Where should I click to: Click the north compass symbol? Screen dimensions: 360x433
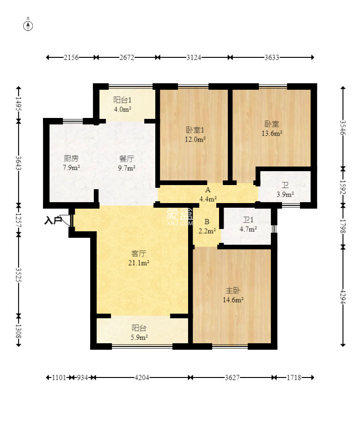tap(28, 25)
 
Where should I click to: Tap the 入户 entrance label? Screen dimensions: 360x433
tap(53, 221)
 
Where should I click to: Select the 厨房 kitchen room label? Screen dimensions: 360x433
tap(71, 158)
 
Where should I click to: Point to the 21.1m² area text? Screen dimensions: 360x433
tap(139, 263)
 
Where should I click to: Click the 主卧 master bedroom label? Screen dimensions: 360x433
tap(233, 291)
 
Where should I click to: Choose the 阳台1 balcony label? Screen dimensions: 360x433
tap(122, 99)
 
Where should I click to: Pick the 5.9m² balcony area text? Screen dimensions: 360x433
tap(139, 337)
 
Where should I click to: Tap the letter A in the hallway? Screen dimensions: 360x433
tap(207, 190)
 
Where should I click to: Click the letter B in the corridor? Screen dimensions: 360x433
tap(207, 222)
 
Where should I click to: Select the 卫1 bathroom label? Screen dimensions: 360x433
tap(248, 220)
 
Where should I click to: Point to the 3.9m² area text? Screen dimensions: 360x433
tap(285, 194)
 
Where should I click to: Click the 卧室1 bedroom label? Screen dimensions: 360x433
tap(195, 130)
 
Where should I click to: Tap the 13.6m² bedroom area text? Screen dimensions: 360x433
tap(272, 133)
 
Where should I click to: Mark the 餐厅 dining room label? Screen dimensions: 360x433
tap(127, 159)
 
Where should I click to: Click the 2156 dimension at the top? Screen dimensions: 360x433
tap(71, 57)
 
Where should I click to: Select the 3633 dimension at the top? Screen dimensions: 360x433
tap(272, 57)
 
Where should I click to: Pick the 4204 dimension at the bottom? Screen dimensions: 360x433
tap(142, 377)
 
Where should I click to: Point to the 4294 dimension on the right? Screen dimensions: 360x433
tap(343, 297)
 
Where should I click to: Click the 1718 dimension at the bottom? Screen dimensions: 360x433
tap(294, 377)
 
